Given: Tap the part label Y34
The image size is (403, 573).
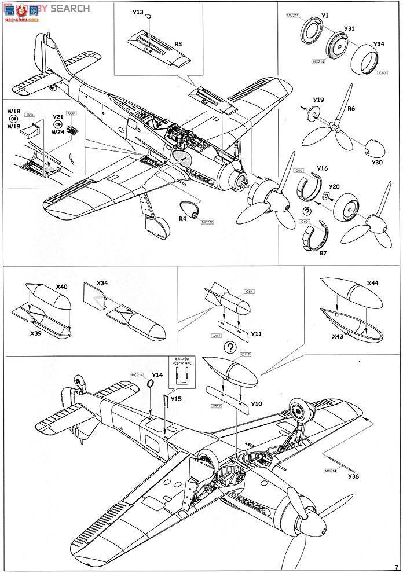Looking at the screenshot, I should point(379,44).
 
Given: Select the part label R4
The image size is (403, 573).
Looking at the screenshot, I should point(182,218).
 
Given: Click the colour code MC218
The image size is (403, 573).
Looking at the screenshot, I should point(207,222).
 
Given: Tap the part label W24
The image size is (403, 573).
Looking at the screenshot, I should point(57,131).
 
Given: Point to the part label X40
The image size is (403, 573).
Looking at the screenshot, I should point(61,286).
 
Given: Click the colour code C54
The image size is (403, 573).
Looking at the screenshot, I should point(250,291).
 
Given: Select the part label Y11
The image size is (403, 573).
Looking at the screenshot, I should point(257,334).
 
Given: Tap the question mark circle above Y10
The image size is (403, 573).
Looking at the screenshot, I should point(230,348).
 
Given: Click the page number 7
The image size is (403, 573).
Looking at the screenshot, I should point(396,567).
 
